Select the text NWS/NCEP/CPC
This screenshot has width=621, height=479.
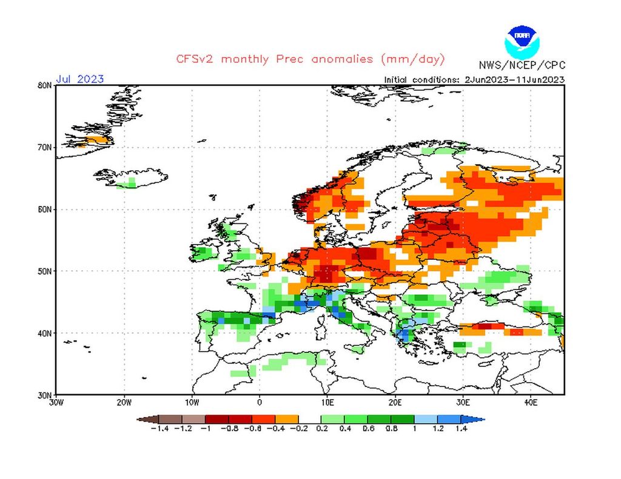tap(522, 65)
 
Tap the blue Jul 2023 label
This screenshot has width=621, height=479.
tap(80, 79)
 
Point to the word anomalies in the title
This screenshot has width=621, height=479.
tap(343, 59)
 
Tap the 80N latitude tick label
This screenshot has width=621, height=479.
tap(44, 85)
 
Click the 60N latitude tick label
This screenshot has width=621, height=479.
tap(44, 210)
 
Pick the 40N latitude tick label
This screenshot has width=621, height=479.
tap(44, 333)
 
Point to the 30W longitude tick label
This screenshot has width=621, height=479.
tap(56, 401)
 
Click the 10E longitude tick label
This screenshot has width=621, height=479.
tap(327, 401)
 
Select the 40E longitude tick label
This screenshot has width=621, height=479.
tap(530, 401)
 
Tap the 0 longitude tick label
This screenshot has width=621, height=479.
tap(260, 401)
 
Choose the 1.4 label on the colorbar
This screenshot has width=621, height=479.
tap(461, 429)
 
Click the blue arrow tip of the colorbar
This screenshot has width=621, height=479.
tap(478, 418)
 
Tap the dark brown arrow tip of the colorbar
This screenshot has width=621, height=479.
tap(142, 418)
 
